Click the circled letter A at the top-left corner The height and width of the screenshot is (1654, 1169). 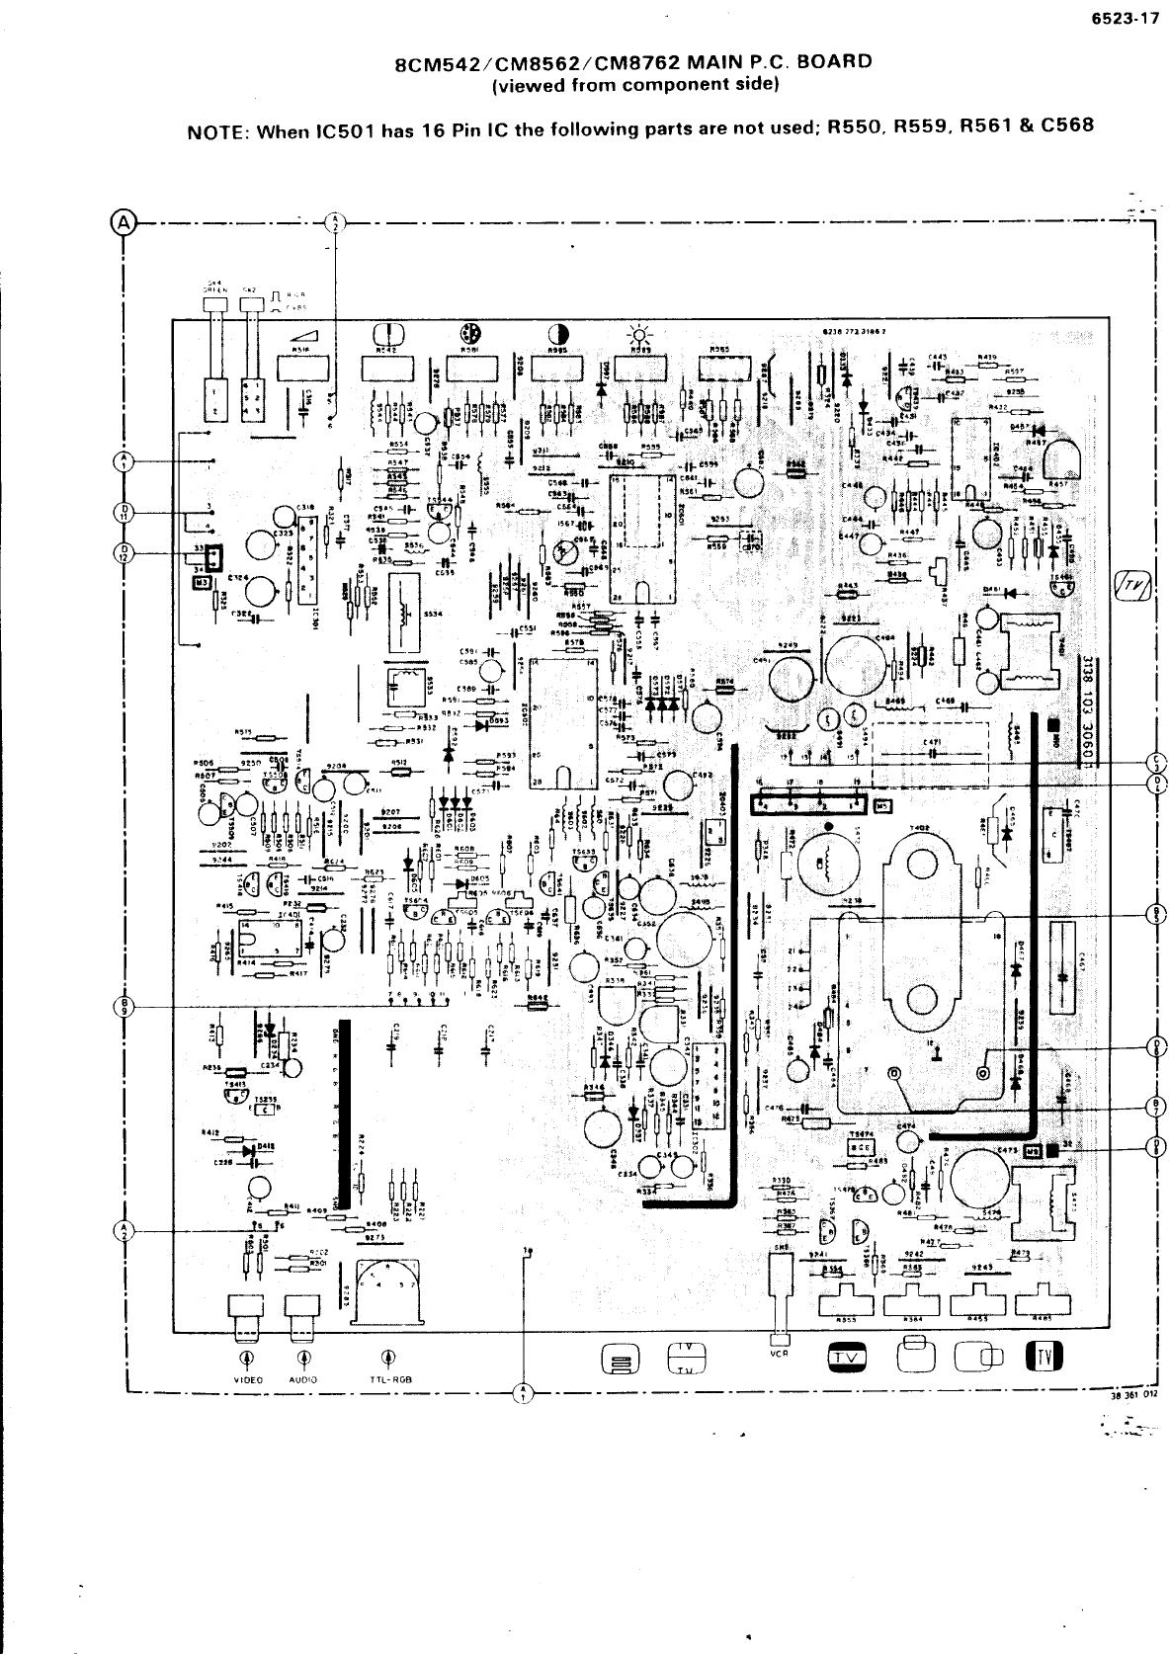[x=125, y=222]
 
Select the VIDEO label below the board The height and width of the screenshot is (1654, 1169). [x=247, y=1379]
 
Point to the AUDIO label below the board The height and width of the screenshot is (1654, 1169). [x=302, y=1379]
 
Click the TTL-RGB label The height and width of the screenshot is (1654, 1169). [x=391, y=1379]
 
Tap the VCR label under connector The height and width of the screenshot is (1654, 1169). [x=779, y=1354]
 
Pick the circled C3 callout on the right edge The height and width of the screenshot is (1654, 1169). [x=1158, y=762]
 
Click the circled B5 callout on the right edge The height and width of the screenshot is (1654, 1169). [x=1158, y=911]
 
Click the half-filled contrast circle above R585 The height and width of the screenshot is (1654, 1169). [x=557, y=332]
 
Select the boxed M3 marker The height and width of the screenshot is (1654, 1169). [x=202, y=583]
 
